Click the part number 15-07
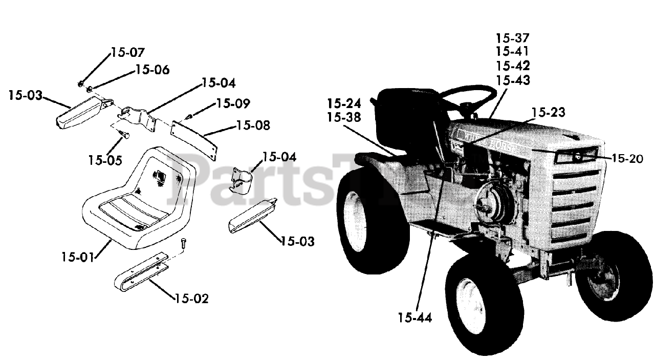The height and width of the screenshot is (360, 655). [x=127, y=52]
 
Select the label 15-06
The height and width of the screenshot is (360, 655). [x=152, y=70]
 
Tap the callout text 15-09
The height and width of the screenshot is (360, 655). [x=233, y=103]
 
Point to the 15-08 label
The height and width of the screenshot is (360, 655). [x=253, y=125]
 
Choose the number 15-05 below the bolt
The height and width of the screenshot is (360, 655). [x=105, y=160]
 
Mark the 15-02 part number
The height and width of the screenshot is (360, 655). [x=191, y=299]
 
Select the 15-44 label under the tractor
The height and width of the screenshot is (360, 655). [x=414, y=318]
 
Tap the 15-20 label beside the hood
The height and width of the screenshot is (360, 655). [x=627, y=159]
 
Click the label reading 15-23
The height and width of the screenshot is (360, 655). [x=548, y=112]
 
